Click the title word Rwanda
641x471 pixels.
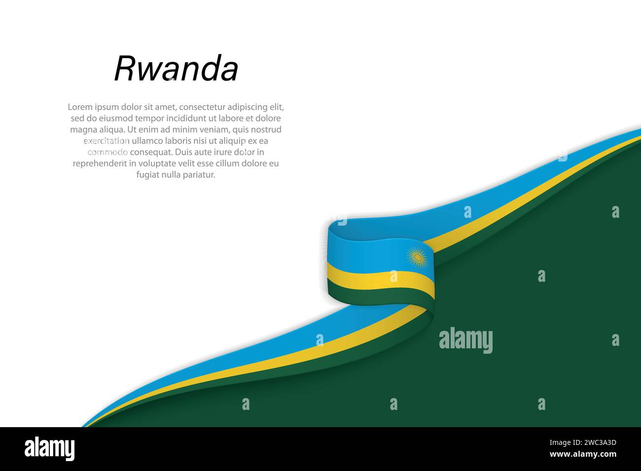[176, 68]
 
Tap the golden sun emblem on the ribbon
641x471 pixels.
[417, 257]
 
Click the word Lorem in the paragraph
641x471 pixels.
[80, 107]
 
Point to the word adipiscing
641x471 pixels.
[248, 107]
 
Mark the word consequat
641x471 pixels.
[151, 152]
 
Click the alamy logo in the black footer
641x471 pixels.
[49, 449]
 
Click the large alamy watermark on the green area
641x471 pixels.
[465, 340]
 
